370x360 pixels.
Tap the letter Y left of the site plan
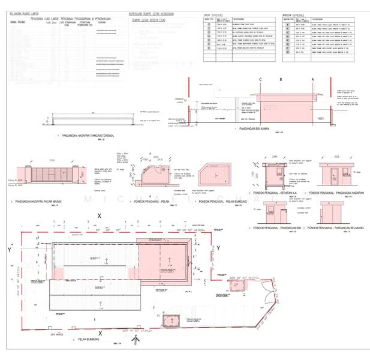tap(10, 248)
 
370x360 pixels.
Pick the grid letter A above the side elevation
tap(312, 80)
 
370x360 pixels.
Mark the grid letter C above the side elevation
tap(260, 80)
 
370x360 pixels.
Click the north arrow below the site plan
tap(139, 340)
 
